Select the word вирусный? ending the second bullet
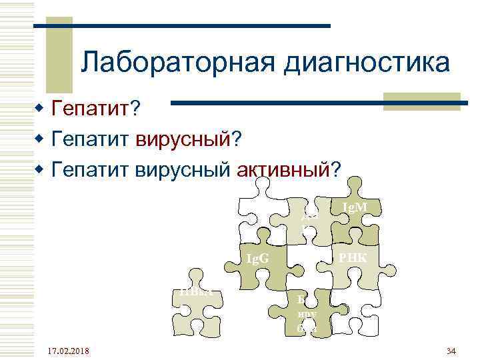coord(189,139)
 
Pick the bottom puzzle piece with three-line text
coord(307,313)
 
